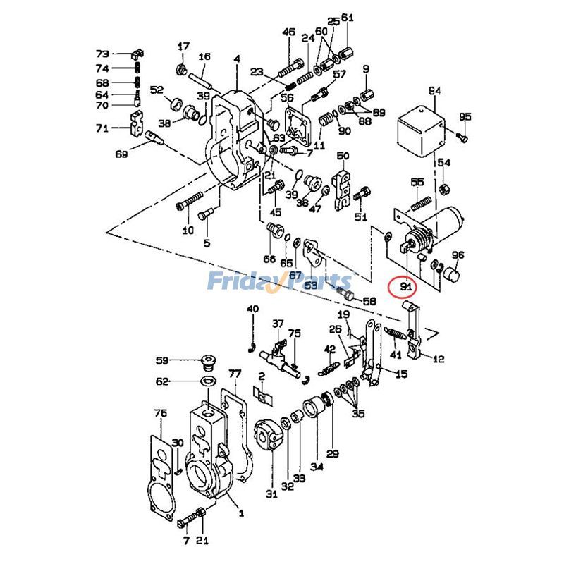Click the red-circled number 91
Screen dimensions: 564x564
pos(405,286)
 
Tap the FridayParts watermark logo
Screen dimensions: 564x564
pos(278,282)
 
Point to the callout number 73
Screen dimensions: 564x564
pos(103,54)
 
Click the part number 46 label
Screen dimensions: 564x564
pos(288,32)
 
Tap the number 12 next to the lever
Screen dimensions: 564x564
pos(439,359)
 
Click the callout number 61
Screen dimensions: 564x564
pos(348,18)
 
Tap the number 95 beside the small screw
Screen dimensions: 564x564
pos(465,116)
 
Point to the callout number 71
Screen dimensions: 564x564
pos(103,128)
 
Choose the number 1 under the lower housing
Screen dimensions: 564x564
pos(240,513)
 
